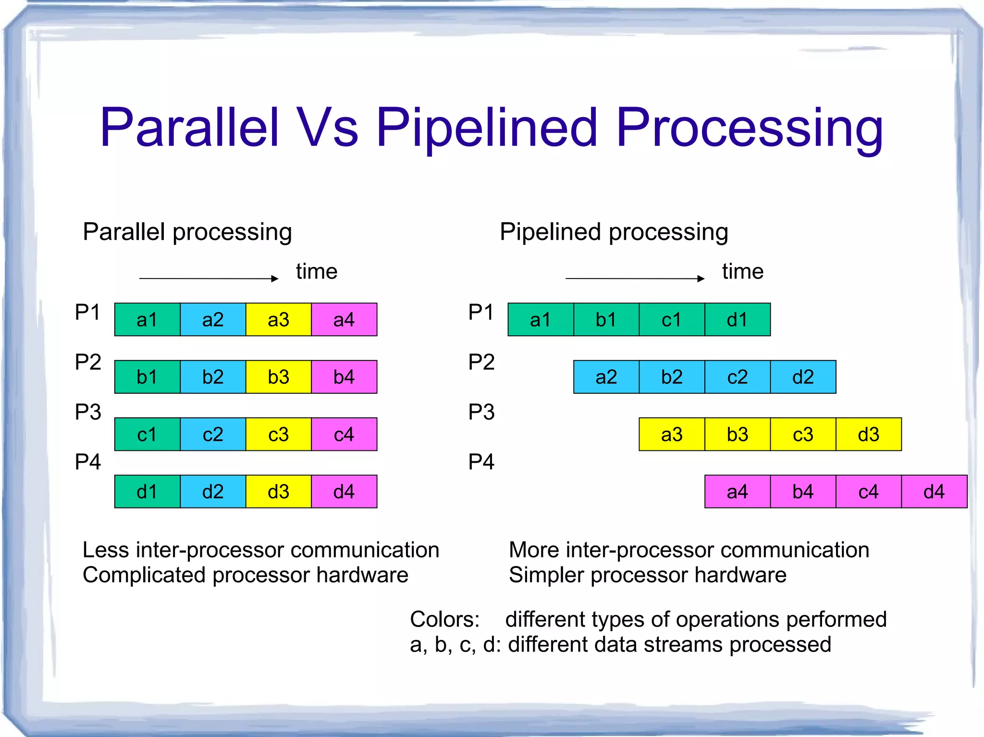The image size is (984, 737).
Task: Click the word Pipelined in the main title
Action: tap(486, 129)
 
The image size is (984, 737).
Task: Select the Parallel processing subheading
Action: tap(187, 232)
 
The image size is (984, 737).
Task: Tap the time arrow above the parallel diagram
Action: tap(209, 278)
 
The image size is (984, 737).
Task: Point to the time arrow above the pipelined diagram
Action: tap(635, 278)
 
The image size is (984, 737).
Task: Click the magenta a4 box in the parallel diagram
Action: tap(344, 320)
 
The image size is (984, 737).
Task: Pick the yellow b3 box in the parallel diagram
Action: tap(278, 377)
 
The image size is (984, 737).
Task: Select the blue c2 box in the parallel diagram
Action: tap(213, 435)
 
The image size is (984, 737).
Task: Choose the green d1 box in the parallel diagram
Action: tap(147, 492)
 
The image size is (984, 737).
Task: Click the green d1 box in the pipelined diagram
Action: tap(737, 320)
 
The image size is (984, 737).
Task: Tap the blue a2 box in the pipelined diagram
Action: tap(606, 377)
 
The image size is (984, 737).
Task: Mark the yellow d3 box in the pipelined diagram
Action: tap(868, 435)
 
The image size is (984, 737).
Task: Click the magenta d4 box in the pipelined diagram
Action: tap(934, 492)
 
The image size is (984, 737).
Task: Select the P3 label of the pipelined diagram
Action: tap(481, 412)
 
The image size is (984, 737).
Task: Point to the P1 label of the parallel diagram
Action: tap(87, 313)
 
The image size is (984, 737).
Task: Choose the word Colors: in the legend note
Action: tap(444, 619)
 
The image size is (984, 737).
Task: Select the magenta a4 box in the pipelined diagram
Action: tap(737, 492)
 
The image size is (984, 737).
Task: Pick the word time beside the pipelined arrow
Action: tap(742, 272)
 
